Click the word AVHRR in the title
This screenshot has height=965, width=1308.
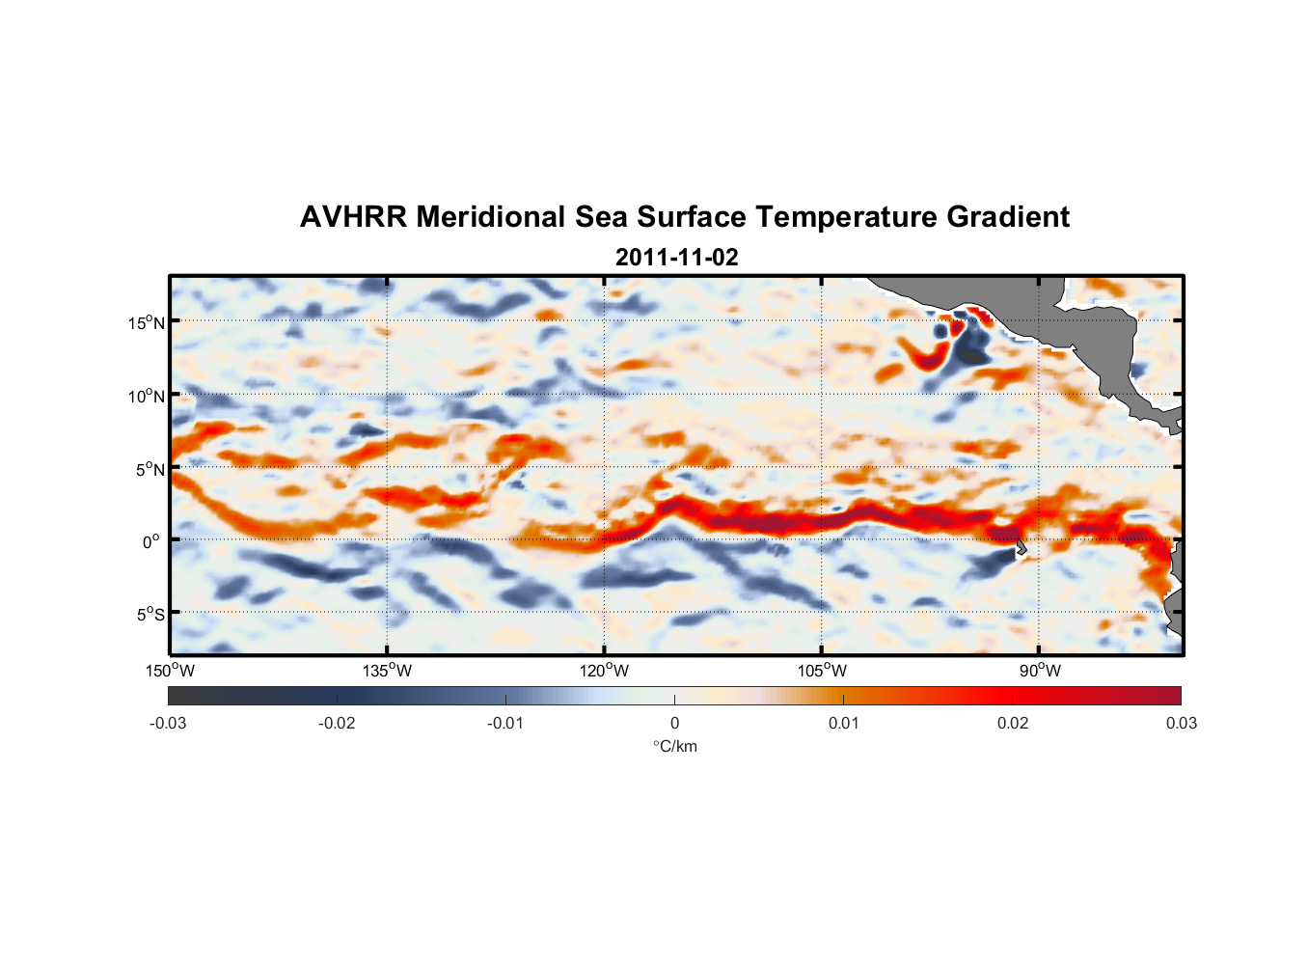[353, 217]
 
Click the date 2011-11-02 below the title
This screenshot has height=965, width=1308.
[676, 258]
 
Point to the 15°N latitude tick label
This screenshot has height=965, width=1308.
[147, 322]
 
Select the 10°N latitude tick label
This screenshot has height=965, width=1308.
[147, 396]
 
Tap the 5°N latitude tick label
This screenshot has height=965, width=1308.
[150, 469]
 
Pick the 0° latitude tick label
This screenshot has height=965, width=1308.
[151, 541]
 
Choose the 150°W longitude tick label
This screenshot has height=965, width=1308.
[170, 671]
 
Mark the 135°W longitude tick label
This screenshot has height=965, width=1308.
[387, 671]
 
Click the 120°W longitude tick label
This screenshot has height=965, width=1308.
[604, 671]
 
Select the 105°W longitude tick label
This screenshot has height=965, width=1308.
[822, 671]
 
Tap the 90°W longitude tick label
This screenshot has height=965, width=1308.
[1040, 671]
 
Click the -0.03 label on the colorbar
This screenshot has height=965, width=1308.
[168, 723]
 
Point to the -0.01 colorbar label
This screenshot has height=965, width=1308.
[504, 723]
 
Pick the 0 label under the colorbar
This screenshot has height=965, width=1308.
[674, 723]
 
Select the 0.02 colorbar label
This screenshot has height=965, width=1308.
[1013, 723]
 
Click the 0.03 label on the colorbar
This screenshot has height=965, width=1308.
[1181, 723]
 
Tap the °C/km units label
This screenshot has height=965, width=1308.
[674, 746]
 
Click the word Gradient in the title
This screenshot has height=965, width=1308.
[1008, 217]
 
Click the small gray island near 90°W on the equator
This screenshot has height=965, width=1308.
[1021, 548]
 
